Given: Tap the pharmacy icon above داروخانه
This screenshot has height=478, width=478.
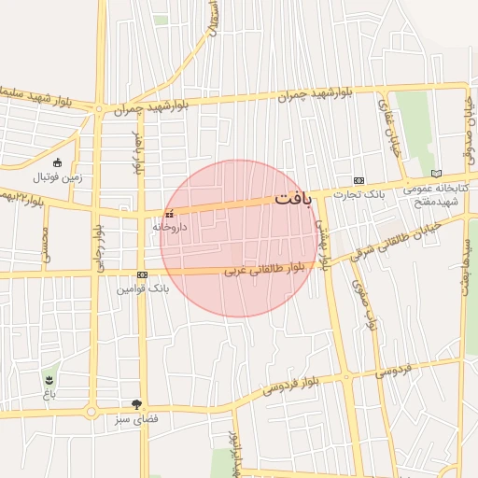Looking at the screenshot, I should tap(169, 215).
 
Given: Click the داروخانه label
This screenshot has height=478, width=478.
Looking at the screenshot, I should tap(170, 227).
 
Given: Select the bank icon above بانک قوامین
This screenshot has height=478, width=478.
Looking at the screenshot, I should tap(142, 275).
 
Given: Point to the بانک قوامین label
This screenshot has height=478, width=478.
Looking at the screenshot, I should tap(142, 289).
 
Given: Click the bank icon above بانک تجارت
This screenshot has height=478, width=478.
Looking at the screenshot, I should tap(359, 180).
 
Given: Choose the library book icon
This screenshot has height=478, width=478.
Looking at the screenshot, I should tap(436, 174).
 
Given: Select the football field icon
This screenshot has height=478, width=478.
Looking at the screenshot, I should tap(57, 162).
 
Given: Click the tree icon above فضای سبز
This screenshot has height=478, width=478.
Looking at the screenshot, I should tap(138, 404).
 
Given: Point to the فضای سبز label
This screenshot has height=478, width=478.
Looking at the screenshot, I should tap(138, 420).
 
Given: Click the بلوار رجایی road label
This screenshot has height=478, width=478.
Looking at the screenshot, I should tap(96, 248).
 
